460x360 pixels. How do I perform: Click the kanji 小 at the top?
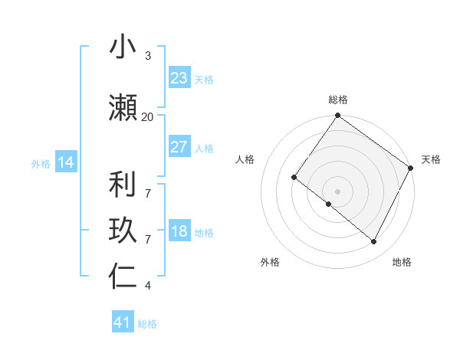123,47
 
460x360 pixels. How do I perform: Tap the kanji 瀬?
123,108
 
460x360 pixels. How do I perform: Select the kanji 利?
123,185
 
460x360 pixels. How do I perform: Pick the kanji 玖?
123,231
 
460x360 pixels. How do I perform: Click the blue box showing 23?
179,78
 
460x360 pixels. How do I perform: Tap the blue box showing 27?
179,147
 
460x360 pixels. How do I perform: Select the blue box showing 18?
179,232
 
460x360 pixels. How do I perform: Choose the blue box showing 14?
65,162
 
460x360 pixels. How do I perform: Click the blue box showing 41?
123,322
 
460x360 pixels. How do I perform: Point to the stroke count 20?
147,116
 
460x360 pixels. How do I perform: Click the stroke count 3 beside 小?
147,56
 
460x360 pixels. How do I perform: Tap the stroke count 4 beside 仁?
147,286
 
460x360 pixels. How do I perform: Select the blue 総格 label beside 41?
147,324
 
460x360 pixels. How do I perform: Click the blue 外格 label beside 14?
41,163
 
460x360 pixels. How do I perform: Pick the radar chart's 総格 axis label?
337,100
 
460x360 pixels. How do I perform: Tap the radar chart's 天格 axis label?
431,159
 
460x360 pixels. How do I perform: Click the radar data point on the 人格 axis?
294,177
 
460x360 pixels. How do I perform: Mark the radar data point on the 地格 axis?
374,242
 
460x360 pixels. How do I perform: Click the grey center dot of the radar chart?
337,191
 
